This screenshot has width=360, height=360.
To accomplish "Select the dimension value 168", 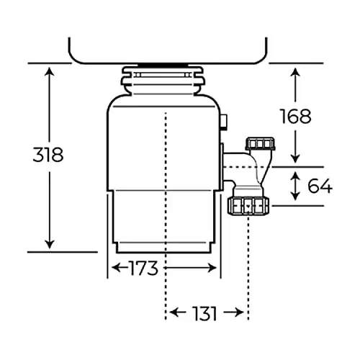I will tap(294, 115).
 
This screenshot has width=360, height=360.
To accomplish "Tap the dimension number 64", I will tap(319, 186).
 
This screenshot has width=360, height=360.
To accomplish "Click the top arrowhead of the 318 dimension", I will tap(50, 71).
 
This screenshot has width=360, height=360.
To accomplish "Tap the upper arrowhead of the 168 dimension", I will tap(295, 71).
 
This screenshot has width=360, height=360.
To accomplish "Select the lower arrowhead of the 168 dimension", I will tap(295, 160).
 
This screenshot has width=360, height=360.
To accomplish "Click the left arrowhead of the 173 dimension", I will tap(113, 269).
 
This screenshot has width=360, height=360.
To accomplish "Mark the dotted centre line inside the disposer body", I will tap(166, 180).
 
